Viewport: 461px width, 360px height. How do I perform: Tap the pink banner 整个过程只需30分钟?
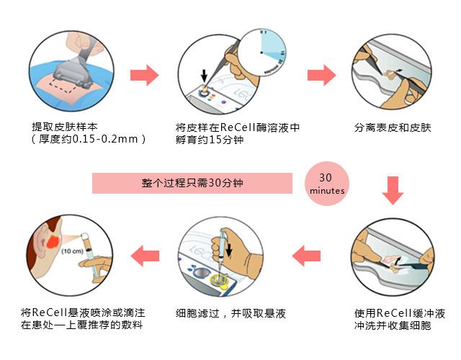tap(192, 184)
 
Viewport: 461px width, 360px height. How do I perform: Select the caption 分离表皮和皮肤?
tap(393, 127)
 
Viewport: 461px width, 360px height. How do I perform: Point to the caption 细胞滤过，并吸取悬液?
tap(231, 314)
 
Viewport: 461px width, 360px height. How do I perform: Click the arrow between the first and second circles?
tap(144, 74)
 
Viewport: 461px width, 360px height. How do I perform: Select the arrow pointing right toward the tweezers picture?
tap(321, 74)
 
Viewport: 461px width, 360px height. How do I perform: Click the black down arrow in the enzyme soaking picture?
tap(205, 75)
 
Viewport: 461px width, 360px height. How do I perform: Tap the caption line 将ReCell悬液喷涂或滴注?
tap(83, 313)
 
